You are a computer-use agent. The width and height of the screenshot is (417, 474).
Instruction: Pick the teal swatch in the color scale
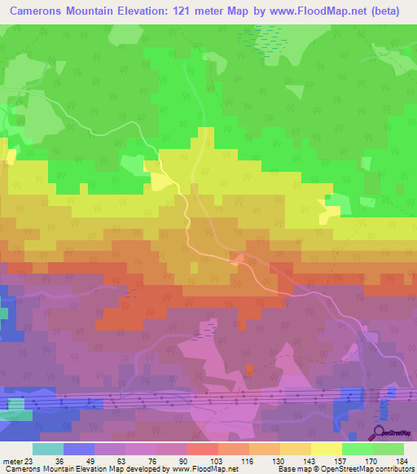coord(48,449)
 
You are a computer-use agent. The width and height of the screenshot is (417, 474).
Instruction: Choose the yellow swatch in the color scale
coord(326,449)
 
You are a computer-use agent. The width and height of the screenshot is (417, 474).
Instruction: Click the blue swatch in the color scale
coord(79,449)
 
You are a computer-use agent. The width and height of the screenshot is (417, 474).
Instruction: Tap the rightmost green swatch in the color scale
coord(388,449)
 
